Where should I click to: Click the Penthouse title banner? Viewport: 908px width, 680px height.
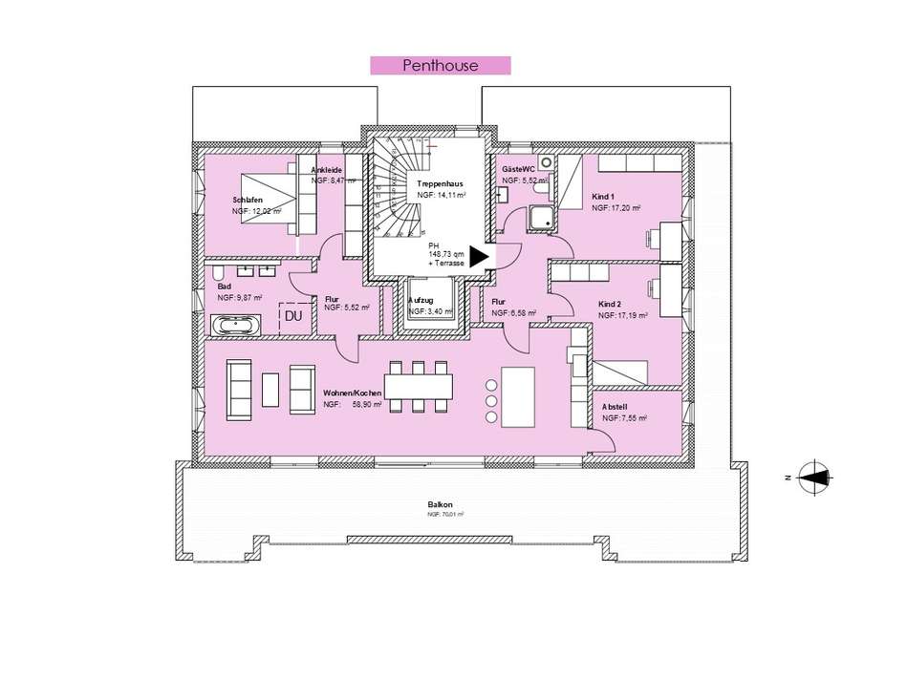(x=441, y=66)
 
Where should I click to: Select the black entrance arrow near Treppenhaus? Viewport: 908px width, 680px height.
(x=479, y=256)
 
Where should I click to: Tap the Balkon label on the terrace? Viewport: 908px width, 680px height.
(x=441, y=504)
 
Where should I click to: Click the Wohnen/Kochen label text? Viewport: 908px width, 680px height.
(x=353, y=393)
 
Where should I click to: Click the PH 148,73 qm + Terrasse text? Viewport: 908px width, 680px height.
(x=446, y=254)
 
